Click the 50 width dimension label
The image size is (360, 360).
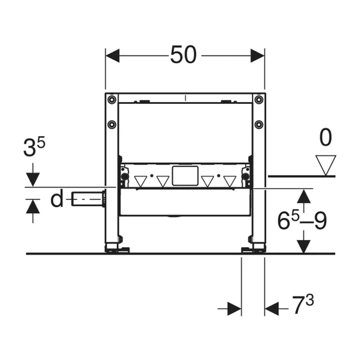183,55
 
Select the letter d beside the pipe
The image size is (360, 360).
57,199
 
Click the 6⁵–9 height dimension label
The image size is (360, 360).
302,220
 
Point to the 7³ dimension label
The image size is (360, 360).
303,304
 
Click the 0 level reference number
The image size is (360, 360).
325,137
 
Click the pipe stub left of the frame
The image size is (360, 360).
88,199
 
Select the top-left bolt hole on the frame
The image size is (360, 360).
112,100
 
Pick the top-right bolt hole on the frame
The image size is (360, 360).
259,100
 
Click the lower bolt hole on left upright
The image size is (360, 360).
112,124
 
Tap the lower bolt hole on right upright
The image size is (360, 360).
259,124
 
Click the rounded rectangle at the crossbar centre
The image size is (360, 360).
185,176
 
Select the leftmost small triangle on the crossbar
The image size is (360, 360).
140,181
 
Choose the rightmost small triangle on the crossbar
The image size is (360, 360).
230,181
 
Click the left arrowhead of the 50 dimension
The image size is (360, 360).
112,56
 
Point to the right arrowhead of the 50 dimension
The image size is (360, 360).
257,56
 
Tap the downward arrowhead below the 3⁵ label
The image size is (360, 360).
33,180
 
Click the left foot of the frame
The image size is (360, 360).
117,249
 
